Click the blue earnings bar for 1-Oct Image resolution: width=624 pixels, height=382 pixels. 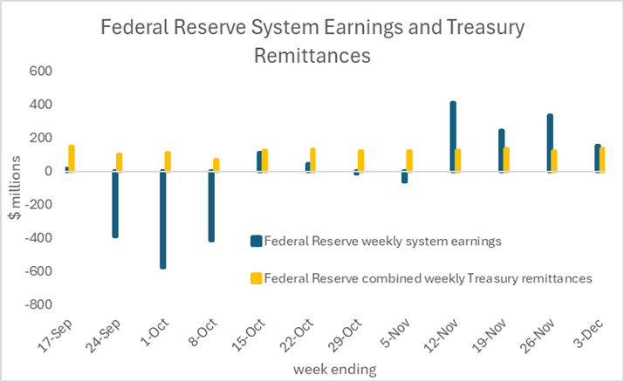coord(163,219)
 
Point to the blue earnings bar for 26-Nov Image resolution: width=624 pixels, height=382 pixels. coord(550,143)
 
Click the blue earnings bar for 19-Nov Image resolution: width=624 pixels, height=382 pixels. coord(502,150)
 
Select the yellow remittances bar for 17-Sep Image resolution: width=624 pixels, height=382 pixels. coord(72,158)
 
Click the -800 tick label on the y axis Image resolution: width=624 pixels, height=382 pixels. coord(36,305)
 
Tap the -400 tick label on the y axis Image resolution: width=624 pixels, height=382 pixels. coord(36,238)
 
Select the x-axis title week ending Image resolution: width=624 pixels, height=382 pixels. coord(333,370)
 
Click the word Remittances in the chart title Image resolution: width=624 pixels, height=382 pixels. coord(312,56)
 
